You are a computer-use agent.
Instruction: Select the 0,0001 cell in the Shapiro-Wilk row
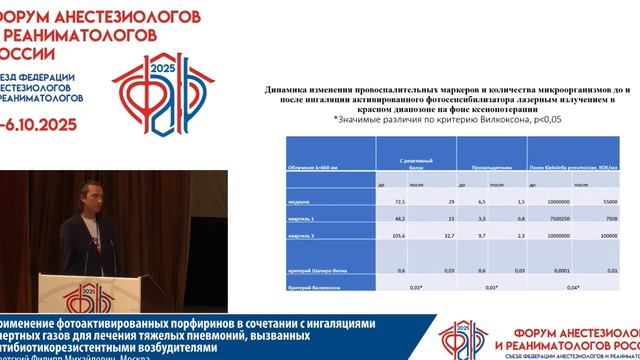pyautogui.click(x=561, y=271)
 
